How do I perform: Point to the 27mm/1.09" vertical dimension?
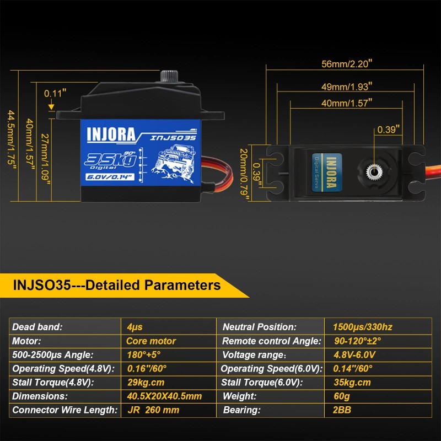(46, 157)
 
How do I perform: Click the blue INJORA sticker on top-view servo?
(324, 171)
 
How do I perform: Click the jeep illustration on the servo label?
(173, 159)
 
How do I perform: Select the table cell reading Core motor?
(151, 341)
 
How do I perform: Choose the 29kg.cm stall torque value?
(146, 383)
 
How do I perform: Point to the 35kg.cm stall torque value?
(352, 383)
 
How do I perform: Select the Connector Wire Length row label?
(64, 410)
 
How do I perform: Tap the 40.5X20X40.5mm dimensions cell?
(164, 396)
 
